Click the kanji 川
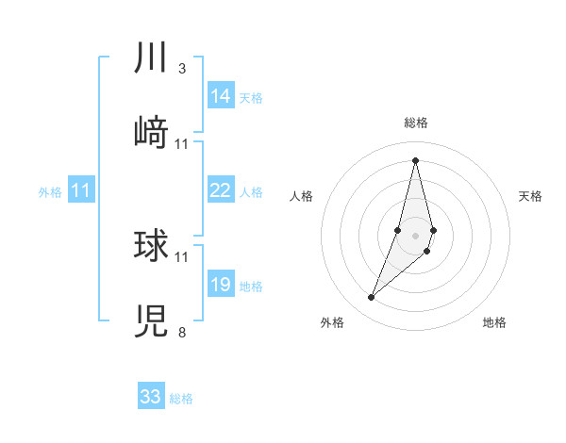tap(151, 58)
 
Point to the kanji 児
tap(151, 320)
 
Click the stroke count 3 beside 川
tap(182, 69)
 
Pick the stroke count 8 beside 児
tap(182, 332)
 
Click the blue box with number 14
tap(221, 96)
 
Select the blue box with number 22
tap(221, 190)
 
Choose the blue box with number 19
tap(221, 285)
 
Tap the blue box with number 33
tap(151, 397)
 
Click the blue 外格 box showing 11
tap(81, 190)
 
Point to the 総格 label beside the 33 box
tap(181, 399)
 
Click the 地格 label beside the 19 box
tap(251, 287)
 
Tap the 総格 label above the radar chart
tap(416, 123)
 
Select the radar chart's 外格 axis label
tap(332, 322)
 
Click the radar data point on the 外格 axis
tap(372, 298)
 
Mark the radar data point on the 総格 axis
tap(416, 160)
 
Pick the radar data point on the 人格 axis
tap(398, 230)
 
